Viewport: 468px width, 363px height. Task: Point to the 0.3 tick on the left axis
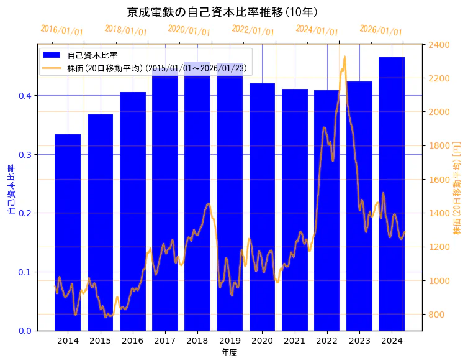click(x=25, y=154)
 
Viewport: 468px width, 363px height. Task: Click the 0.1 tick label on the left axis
click(x=25, y=272)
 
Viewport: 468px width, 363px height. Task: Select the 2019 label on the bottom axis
click(x=230, y=341)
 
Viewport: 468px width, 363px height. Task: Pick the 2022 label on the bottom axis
click(x=327, y=341)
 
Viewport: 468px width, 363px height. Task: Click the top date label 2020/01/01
click(x=189, y=30)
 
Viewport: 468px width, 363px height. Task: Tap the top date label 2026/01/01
click(x=380, y=30)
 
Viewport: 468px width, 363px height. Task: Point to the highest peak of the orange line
click(x=344, y=57)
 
